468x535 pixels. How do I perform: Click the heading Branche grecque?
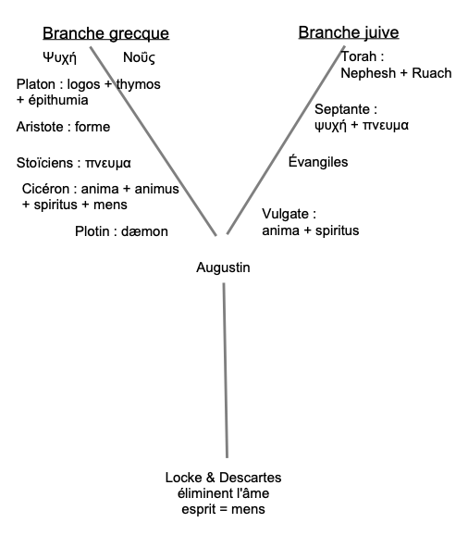coord(105,34)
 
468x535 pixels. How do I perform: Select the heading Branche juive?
coord(348,33)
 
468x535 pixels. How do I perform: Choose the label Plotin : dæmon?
coord(121,230)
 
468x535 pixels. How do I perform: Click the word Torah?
coord(358,56)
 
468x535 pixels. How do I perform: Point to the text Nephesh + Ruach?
coord(396,72)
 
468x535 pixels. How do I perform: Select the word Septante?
coord(345,108)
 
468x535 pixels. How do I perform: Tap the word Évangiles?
coord(318,162)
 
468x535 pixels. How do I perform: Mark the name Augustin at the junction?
coord(223,267)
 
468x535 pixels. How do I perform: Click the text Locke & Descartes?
coord(223,478)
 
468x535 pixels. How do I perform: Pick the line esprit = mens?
coord(223,509)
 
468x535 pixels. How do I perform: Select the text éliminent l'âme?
coord(223,493)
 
